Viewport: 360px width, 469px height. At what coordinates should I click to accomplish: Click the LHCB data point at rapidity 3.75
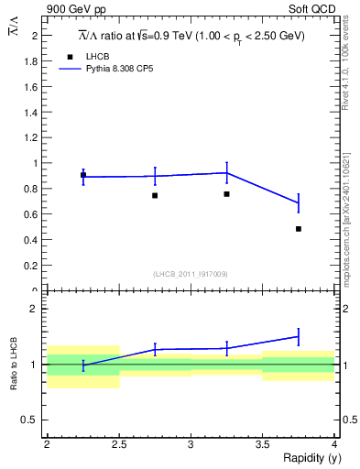click(x=299, y=229)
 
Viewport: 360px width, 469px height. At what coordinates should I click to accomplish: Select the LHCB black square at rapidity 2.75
click(x=155, y=195)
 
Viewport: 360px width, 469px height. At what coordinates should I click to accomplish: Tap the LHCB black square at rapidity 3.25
click(x=226, y=194)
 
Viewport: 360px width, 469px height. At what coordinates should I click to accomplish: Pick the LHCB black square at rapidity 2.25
click(x=83, y=174)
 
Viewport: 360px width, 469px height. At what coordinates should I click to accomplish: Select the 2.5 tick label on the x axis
click(x=119, y=443)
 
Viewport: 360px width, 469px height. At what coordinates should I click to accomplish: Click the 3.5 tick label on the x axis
click(x=262, y=443)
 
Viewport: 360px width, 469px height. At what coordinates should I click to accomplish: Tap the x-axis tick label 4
click(x=334, y=443)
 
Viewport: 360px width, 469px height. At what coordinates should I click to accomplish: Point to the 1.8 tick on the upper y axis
click(x=33, y=60)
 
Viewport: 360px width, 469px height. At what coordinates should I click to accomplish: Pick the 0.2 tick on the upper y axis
click(x=33, y=266)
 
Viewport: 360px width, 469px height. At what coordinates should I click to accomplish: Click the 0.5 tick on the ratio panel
click(x=33, y=420)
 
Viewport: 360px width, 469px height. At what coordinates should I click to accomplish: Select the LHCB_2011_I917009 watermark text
click(x=191, y=273)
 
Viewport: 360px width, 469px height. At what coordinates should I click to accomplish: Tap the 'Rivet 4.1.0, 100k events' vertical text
click(x=346, y=65)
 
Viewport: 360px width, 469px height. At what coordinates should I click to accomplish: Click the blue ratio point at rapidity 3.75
click(x=299, y=336)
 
